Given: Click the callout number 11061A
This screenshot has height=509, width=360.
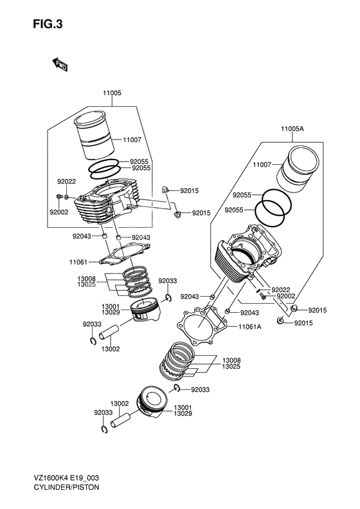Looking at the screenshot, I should [x=249, y=327].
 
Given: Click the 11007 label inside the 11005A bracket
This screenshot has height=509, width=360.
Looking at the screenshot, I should [x=262, y=165].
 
